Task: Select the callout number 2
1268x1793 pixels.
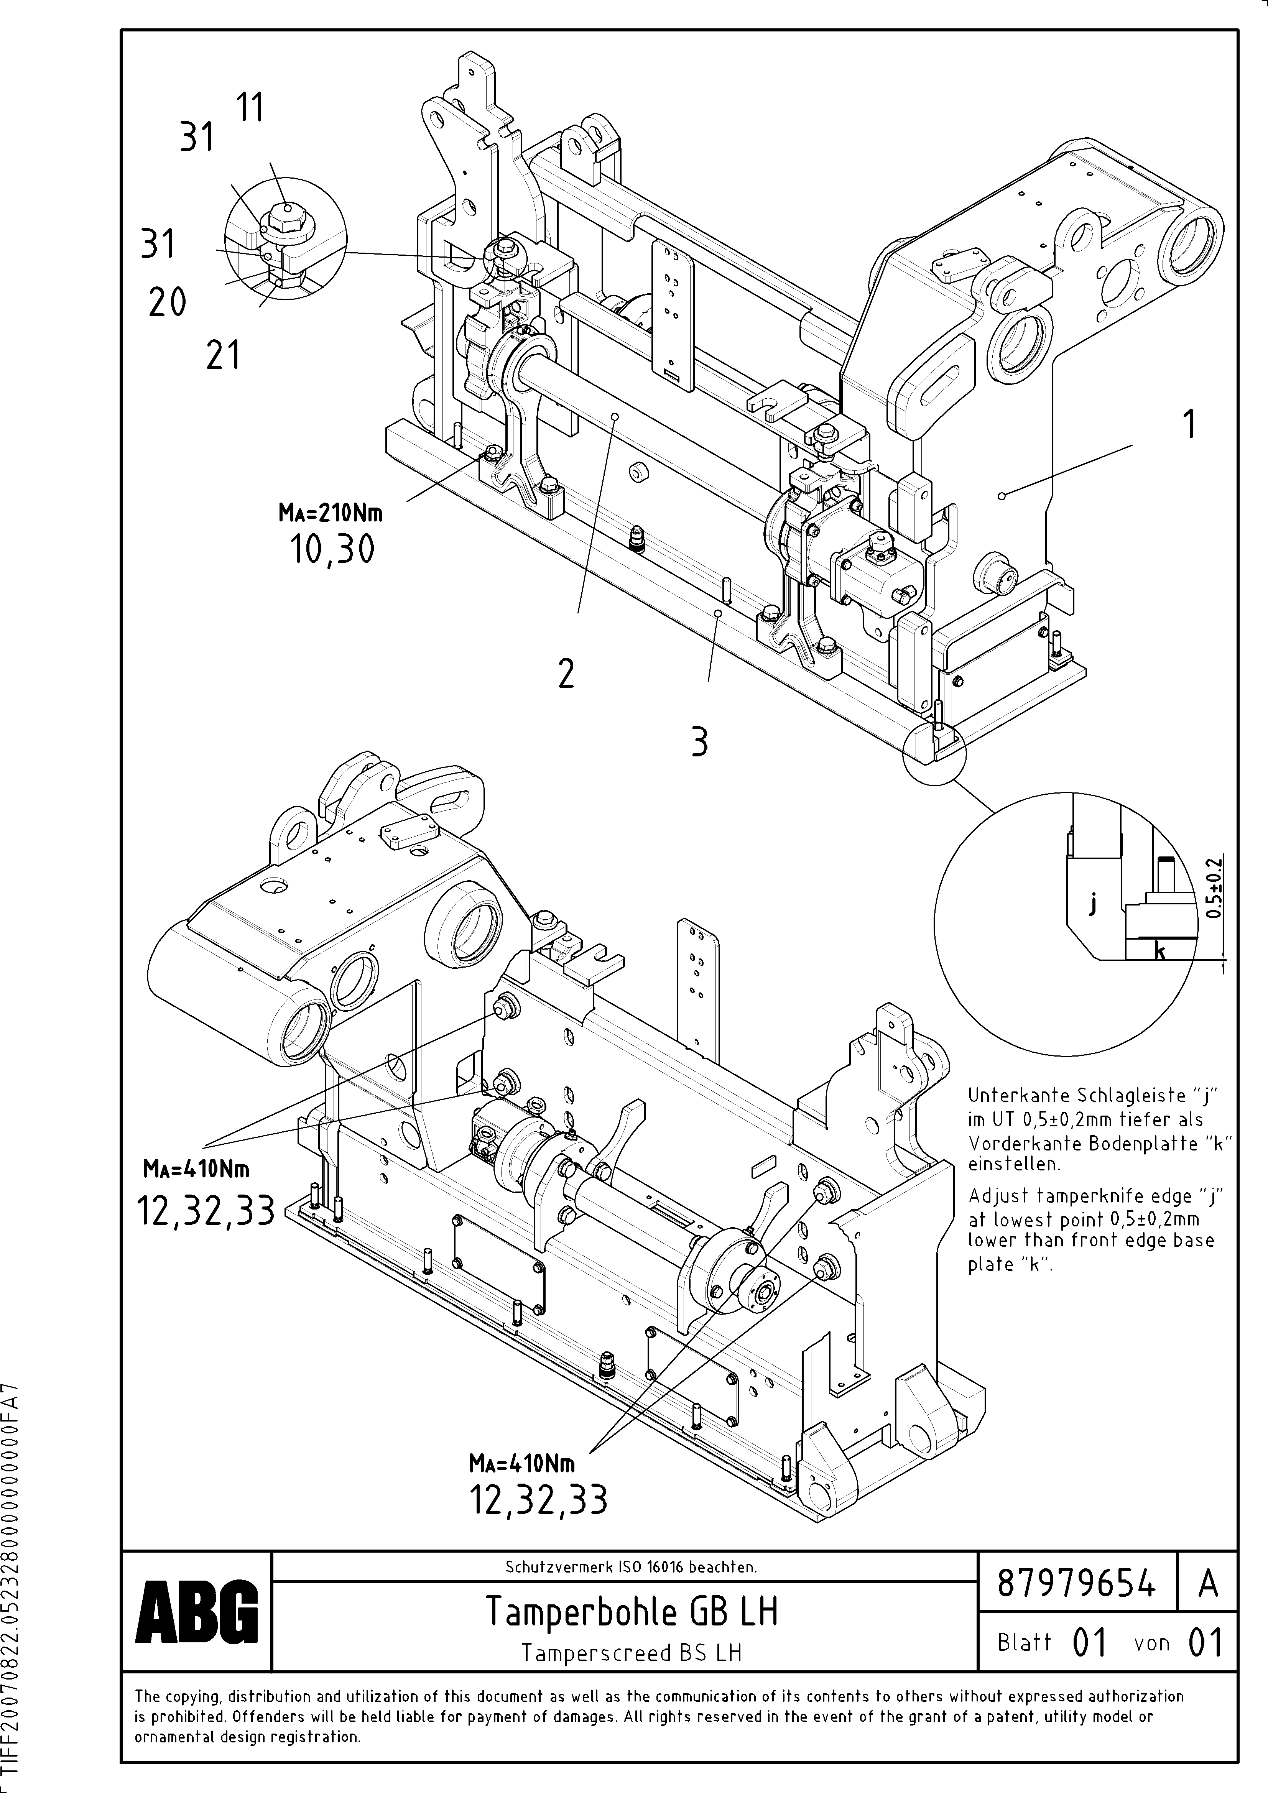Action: tap(566, 673)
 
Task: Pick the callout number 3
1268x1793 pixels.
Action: tap(699, 742)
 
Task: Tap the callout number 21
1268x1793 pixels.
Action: tap(223, 356)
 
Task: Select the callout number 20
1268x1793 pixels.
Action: tap(167, 302)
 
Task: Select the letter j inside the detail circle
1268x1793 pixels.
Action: tap(1094, 904)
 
